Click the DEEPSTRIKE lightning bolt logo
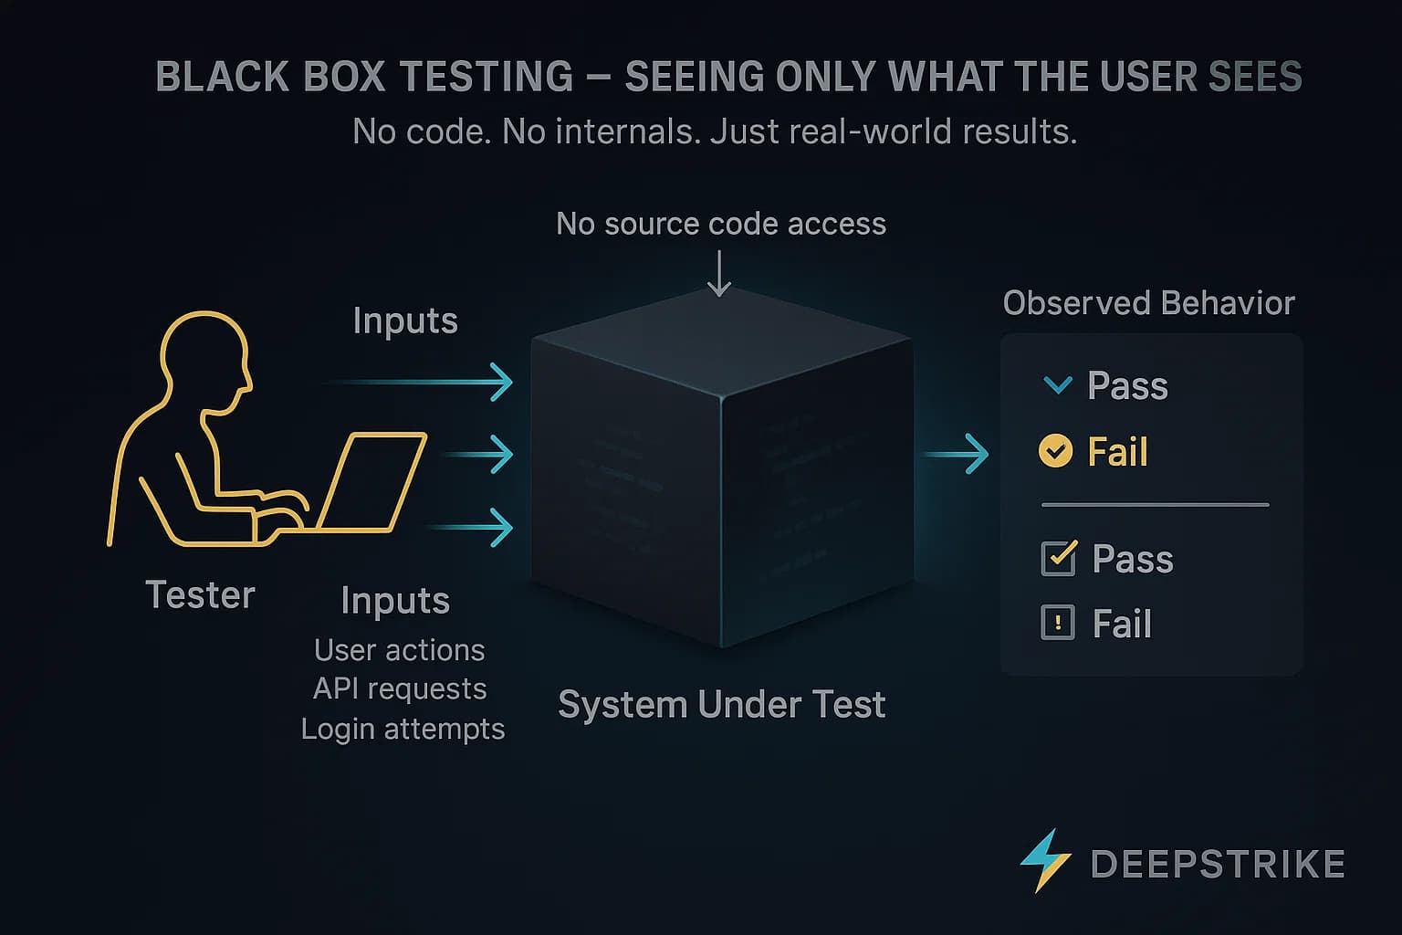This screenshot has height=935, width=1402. point(1045,860)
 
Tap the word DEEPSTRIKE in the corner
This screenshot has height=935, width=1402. point(1218,865)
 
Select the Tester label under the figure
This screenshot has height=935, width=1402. point(200,595)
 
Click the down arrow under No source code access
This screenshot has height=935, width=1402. point(719,274)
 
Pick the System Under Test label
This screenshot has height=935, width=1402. point(721,705)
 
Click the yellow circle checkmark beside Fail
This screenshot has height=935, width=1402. point(1056,451)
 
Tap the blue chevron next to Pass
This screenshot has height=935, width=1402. point(1057,385)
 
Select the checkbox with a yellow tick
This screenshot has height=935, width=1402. point(1058,558)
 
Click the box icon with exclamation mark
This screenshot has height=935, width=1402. point(1058,624)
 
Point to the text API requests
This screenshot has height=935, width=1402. point(400,688)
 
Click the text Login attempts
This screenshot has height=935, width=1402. point(403,729)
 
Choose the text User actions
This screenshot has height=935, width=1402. point(399,650)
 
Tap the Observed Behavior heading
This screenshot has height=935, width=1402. point(1148,303)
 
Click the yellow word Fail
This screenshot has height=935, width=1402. point(1117,452)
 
